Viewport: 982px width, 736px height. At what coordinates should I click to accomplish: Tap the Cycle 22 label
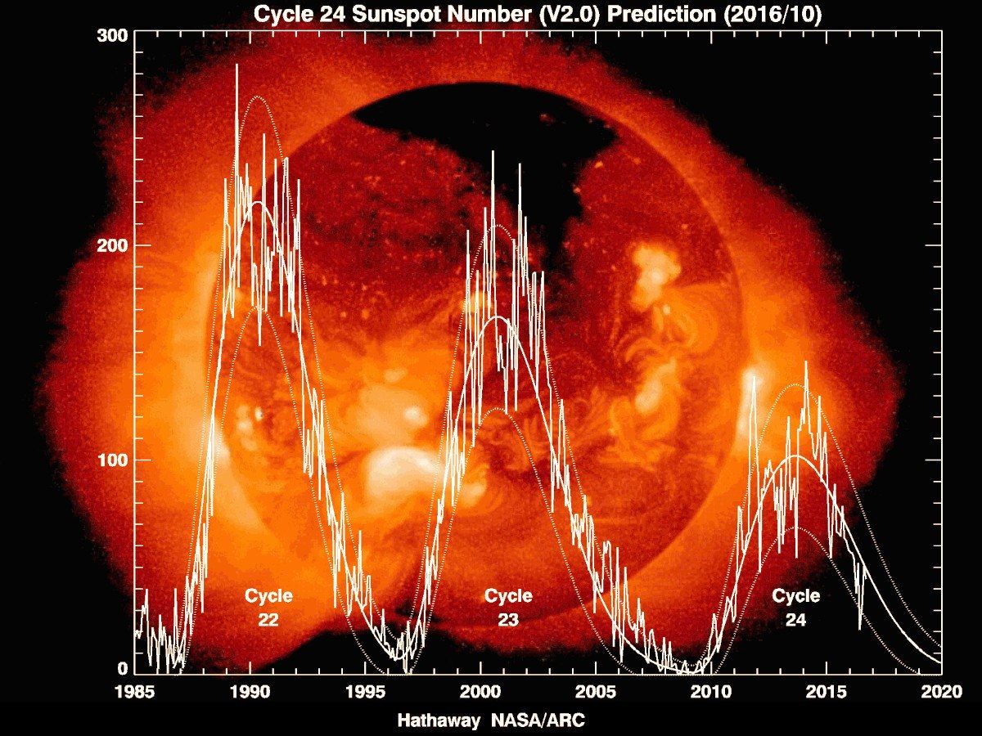268,608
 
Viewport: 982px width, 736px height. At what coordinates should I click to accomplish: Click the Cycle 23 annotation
508,608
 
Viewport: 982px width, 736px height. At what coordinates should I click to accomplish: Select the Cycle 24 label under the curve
795,608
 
